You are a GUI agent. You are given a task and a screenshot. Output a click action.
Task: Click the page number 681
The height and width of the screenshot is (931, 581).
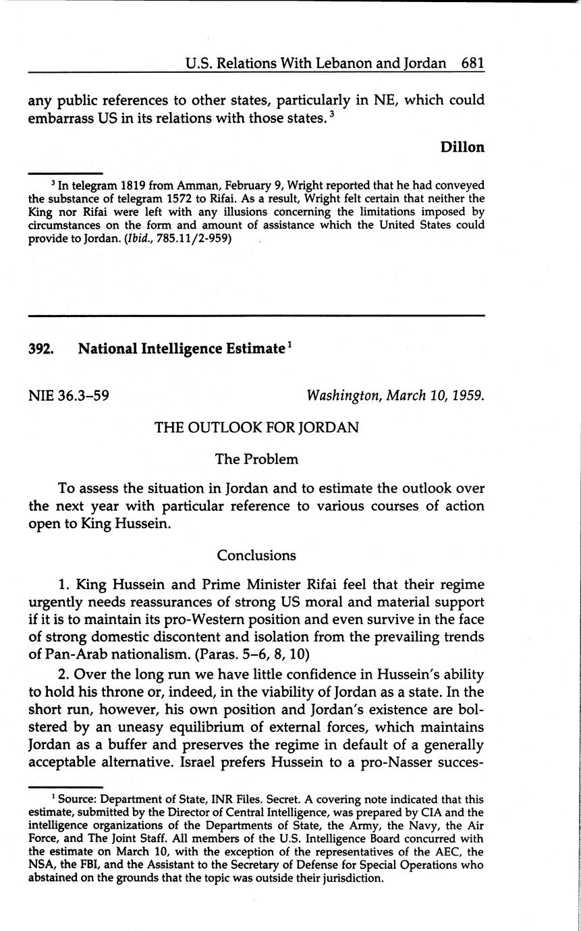472,63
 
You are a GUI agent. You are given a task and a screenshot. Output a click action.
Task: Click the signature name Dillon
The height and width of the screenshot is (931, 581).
462,148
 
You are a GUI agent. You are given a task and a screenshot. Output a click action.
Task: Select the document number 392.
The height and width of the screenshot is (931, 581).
41,349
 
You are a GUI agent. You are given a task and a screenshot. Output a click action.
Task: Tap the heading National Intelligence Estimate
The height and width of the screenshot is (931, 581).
181,349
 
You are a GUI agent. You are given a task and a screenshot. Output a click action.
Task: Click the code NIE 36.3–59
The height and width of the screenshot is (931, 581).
69,395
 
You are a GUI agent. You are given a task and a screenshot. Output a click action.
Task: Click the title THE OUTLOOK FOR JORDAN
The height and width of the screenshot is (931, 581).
256,428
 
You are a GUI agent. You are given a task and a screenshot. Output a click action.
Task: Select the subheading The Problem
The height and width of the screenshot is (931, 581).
256,459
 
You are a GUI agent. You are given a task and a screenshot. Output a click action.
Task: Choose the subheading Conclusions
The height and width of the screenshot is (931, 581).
256,555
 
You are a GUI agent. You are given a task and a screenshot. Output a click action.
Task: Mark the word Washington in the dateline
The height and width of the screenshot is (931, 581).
343,395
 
